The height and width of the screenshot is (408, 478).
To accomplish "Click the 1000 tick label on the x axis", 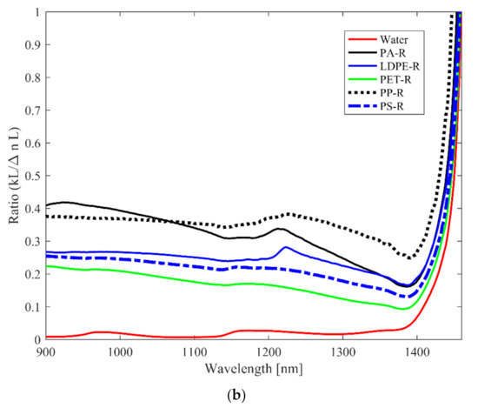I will tap(120, 352).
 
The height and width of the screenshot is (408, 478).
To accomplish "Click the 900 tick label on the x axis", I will tap(46, 352).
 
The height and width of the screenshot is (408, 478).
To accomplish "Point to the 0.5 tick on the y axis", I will tap(31, 177).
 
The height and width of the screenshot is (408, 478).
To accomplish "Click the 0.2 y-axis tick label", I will tap(31, 275).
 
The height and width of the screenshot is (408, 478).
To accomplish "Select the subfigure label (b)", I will tap(238, 395).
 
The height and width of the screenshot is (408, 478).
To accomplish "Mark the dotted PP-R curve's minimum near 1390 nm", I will tap(409, 258).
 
